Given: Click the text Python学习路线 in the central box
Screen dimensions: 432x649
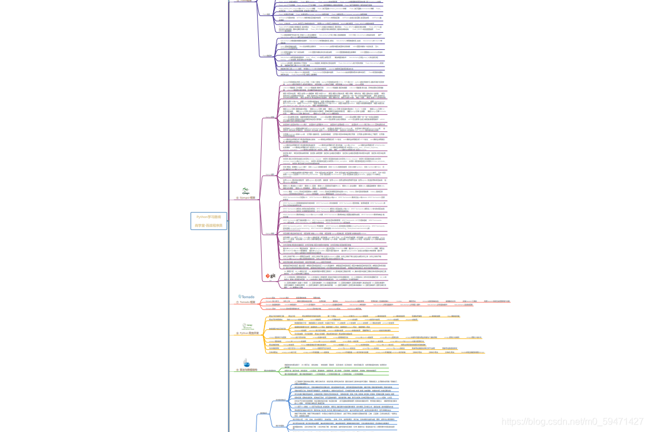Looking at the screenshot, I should pos(209,217).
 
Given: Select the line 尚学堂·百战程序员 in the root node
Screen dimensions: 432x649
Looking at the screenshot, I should pos(209,225).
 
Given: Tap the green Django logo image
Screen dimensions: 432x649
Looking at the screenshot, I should pos(246,191).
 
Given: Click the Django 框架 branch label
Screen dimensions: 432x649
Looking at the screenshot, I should pos(248,198).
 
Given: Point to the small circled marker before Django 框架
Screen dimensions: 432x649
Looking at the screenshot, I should pos(238,198).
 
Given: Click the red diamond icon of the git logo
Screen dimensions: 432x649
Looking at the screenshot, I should pos(268,276).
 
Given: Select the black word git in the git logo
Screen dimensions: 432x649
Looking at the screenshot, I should pos(274,276).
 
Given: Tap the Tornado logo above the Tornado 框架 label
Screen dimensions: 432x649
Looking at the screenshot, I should pos(247,297).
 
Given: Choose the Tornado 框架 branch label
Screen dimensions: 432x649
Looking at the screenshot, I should pos(248,302).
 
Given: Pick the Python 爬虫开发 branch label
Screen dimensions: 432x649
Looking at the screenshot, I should pos(250,333).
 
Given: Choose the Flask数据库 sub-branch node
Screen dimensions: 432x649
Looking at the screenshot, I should pos(267,56).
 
